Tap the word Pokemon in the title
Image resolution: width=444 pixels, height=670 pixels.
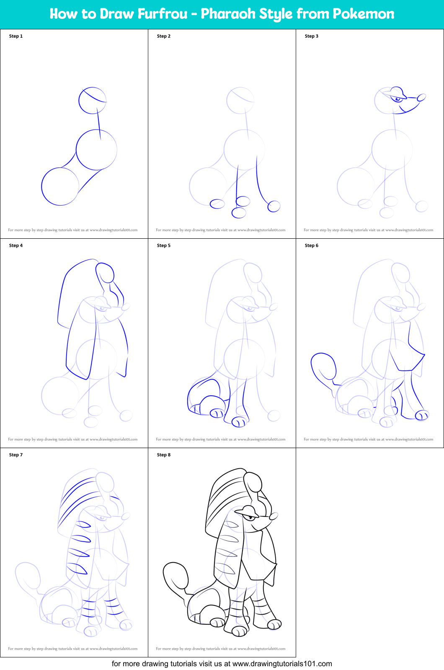coord(363,14)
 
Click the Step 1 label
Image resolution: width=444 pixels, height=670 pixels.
coord(16,36)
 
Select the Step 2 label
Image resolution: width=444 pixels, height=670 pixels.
coord(164,36)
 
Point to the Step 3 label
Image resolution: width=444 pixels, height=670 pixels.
coord(312,36)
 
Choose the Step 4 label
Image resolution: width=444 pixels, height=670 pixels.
coord(16,245)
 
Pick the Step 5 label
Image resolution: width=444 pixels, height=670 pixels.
coord(164,245)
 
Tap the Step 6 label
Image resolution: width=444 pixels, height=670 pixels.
coord(312,245)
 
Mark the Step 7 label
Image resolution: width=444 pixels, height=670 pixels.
coord(16,455)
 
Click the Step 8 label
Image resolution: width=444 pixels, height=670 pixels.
coord(164,455)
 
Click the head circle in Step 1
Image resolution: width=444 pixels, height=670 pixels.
coord(92,101)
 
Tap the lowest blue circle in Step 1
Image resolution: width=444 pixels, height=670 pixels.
coord(60,186)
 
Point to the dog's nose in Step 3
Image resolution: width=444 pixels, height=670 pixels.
coord(421,98)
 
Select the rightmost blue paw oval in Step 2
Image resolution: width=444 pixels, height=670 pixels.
coord(274,206)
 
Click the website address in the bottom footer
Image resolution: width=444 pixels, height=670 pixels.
coord(282,664)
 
